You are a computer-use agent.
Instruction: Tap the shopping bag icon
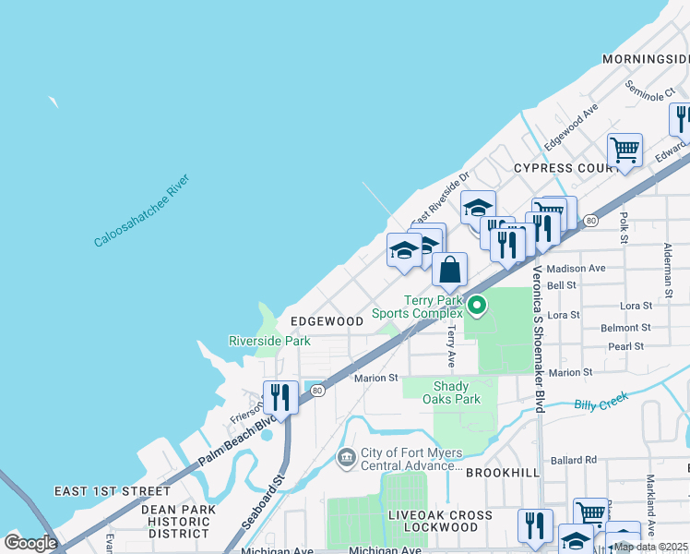click(449, 271)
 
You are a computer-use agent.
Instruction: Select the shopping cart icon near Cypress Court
click(625, 150)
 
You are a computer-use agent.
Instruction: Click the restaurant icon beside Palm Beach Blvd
click(280, 398)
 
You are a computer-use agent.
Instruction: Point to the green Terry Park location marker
click(477, 304)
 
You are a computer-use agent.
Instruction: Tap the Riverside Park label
click(269, 341)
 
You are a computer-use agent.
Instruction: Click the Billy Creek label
click(601, 401)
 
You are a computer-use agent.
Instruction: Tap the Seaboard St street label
click(274, 499)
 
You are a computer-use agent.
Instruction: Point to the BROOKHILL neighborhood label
click(501, 472)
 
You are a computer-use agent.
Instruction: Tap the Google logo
click(30, 542)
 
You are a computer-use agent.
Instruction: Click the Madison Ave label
click(576, 269)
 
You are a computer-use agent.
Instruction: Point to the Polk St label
click(624, 222)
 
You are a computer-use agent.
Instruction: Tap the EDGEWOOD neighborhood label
click(327, 321)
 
